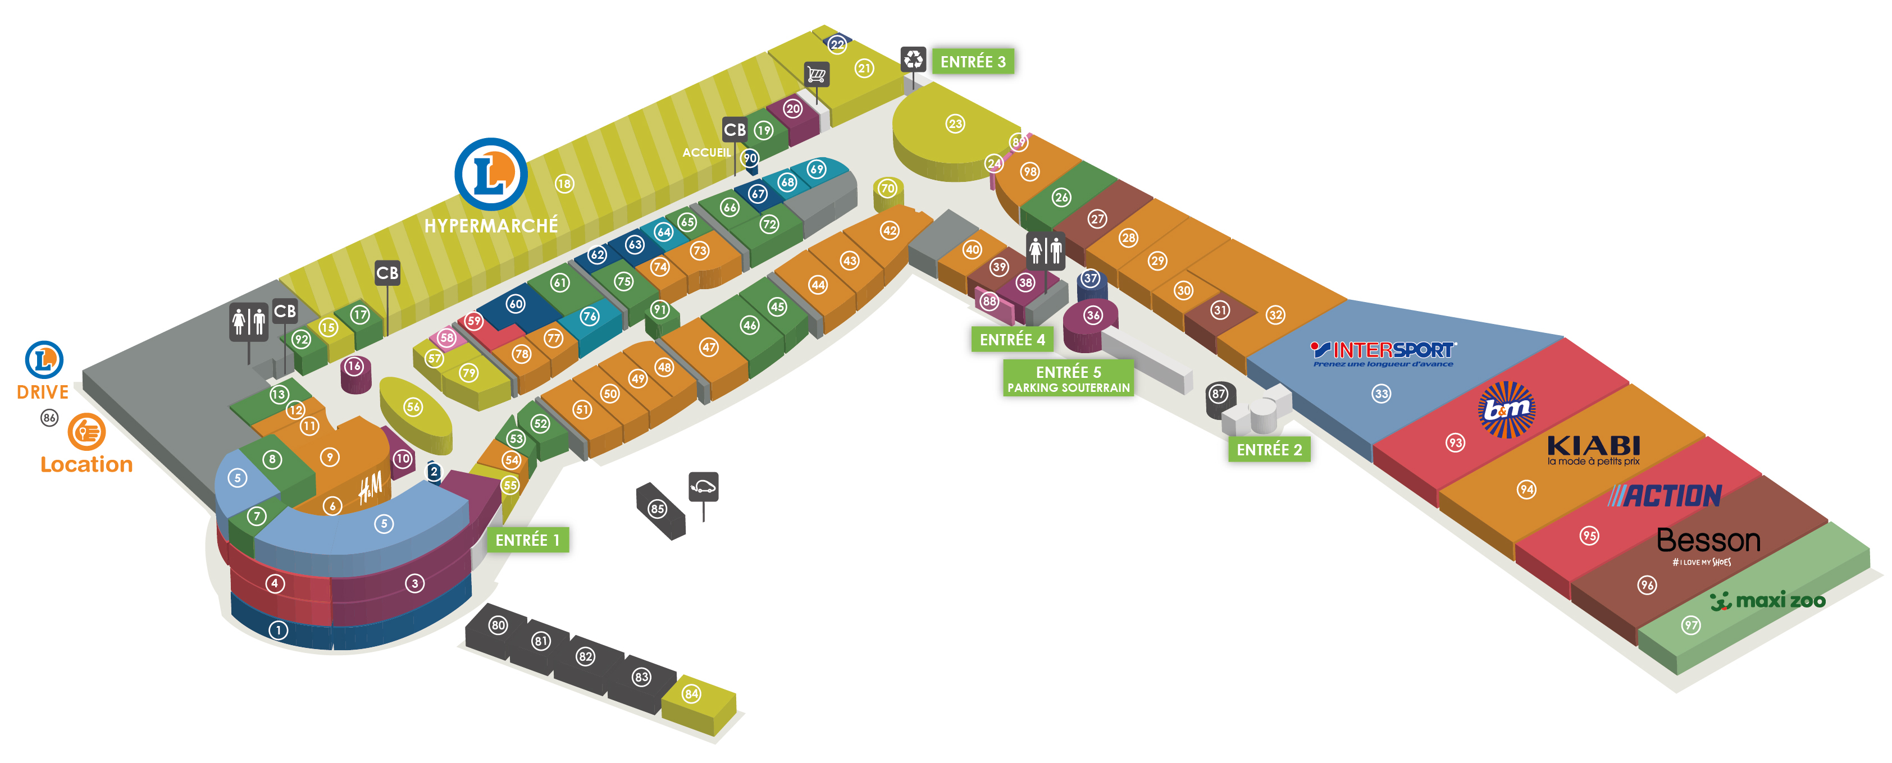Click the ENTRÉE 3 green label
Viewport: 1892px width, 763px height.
pyautogui.click(x=973, y=62)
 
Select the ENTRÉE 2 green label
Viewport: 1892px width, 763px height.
pyautogui.click(x=1269, y=449)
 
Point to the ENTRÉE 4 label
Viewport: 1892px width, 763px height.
pyautogui.click(x=1012, y=339)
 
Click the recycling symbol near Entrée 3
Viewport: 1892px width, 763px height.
pyautogui.click(x=913, y=59)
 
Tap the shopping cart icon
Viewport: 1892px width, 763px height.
pyautogui.click(x=816, y=74)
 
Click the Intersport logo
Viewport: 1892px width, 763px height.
pyautogui.click(x=1384, y=352)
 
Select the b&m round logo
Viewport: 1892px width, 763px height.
pyautogui.click(x=1506, y=409)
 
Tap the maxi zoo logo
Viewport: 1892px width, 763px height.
pyautogui.click(x=1768, y=601)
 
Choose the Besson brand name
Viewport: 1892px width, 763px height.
pyautogui.click(x=1708, y=541)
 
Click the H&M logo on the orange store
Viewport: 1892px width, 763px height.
pyautogui.click(x=371, y=488)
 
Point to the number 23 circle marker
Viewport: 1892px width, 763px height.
pyautogui.click(x=955, y=124)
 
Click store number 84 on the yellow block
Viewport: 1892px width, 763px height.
pyautogui.click(x=691, y=693)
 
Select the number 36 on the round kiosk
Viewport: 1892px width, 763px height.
pyautogui.click(x=1093, y=315)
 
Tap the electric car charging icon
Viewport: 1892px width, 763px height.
pyautogui.click(x=703, y=487)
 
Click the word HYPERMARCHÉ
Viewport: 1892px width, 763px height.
pyautogui.click(x=491, y=226)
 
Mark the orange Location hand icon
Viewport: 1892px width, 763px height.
pyautogui.click(x=86, y=432)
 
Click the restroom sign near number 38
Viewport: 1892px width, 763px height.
pyautogui.click(x=1045, y=250)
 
